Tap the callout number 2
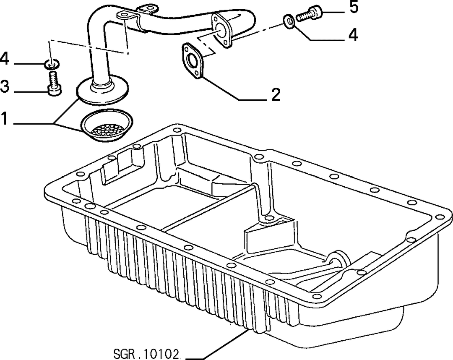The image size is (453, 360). tap(276, 94)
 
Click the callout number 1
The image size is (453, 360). tap(4, 118)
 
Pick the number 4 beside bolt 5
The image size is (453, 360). tap(353, 34)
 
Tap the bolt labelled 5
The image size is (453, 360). tap(309, 14)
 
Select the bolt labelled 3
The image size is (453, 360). tap(54, 83)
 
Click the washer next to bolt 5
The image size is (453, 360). tap(289, 22)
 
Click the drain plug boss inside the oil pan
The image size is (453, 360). tap(337, 260)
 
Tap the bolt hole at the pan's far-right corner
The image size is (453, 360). tap(440, 217)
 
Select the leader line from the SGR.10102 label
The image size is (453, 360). tap(216, 345)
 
